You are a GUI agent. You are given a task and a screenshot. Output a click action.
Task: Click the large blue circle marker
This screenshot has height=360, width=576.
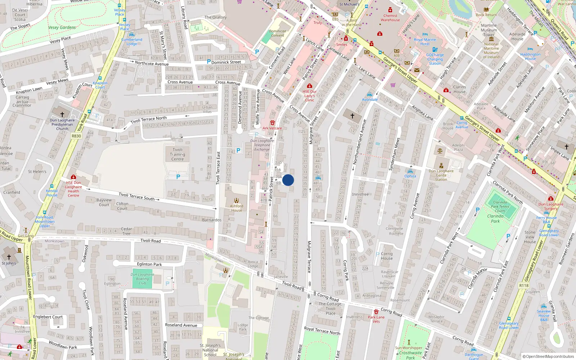point(288,180)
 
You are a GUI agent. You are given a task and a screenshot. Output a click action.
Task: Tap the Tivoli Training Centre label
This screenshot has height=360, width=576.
point(177,154)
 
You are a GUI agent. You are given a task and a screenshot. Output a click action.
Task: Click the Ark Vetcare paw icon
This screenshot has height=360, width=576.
point(273,123)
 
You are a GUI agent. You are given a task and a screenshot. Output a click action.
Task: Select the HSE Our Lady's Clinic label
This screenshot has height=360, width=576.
point(310,96)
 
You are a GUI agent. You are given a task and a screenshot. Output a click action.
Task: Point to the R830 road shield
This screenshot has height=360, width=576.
point(76,136)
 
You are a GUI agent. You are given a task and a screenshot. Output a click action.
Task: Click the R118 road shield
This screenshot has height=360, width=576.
point(524,285)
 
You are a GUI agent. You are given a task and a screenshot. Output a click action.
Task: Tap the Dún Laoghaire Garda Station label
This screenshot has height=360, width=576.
point(441,175)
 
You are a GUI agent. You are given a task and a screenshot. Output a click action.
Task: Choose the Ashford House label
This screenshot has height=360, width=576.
point(237,208)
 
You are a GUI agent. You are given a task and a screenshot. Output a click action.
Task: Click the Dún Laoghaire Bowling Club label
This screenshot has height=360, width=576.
point(142,279)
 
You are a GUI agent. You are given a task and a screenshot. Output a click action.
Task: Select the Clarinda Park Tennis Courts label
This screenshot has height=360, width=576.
point(500,206)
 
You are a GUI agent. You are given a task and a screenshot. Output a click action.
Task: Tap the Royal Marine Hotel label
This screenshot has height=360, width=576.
point(425,42)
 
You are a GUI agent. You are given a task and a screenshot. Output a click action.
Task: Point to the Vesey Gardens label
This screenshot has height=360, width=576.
point(62,27)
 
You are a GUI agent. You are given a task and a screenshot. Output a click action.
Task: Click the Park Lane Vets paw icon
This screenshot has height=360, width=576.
point(376,311)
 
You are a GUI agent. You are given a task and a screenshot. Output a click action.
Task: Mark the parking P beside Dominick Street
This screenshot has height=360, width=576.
point(209,62)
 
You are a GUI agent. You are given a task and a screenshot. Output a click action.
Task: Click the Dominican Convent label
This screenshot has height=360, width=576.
point(278,33)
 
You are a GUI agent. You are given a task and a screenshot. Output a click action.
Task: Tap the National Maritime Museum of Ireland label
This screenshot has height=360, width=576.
point(491,50)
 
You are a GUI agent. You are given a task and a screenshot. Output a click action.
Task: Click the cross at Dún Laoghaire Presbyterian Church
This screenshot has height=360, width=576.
point(62,114)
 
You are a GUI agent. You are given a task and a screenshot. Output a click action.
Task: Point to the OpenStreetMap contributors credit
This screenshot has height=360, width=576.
point(548,356)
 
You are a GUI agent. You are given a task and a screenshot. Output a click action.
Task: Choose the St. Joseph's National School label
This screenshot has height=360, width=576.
point(210,350)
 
